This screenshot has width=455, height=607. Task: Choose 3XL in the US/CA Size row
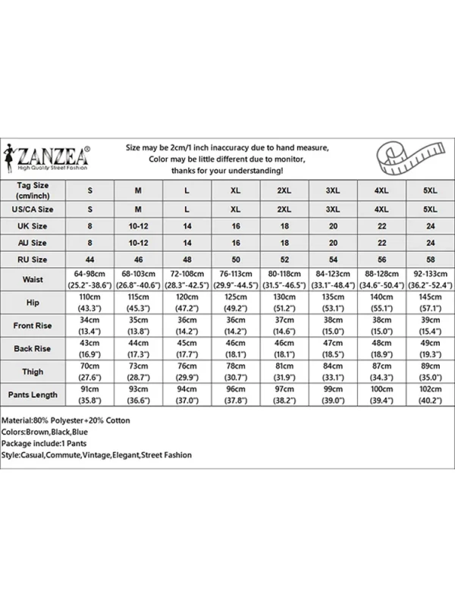pos(332,209)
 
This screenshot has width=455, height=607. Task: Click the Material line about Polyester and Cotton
pos(66,420)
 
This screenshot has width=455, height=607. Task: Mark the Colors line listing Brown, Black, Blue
pos(50,431)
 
